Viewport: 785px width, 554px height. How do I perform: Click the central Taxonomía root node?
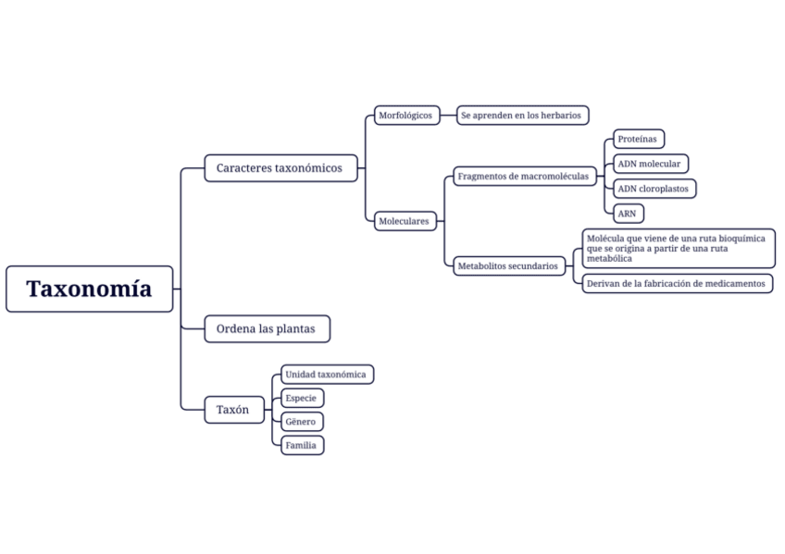pyautogui.click(x=89, y=289)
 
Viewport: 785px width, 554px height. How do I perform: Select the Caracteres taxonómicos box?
pyautogui.click(x=280, y=168)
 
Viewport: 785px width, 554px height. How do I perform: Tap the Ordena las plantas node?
pyautogui.click(x=267, y=328)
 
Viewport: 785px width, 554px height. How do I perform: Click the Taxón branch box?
pyautogui.click(x=233, y=409)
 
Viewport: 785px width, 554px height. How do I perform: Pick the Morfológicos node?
pyautogui.click(x=405, y=116)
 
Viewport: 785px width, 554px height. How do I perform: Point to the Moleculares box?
pyautogui.click(x=405, y=221)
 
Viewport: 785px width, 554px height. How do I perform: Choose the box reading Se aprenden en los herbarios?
pyautogui.click(x=522, y=116)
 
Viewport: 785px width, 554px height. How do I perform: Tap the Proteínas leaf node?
pyautogui.click(x=639, y=140)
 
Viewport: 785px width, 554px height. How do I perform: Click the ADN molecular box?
pyautogui.click(x=650, y=164)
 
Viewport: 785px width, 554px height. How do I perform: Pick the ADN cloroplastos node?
pyautogui.click(x=654, y=189)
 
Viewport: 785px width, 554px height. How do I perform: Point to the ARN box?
pyautogui.click(x=628, y=214)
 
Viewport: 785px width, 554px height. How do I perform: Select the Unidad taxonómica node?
pyautogui.click(x=327, y=375)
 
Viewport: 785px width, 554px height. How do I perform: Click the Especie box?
pyautogui.click(x=302, y=399)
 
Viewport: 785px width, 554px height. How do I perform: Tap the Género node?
pyautogui.click(x=302, y=422)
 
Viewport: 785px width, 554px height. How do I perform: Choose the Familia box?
pyautogui.click(x=302, y=445)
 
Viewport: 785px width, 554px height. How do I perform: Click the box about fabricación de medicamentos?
pyautogui.click(x=677, y=283)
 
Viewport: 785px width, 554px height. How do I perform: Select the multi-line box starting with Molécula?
pyautogui.click(x=677, y=249)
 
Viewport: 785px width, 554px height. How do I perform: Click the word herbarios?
pyautogui.click(x=560, y=116)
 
